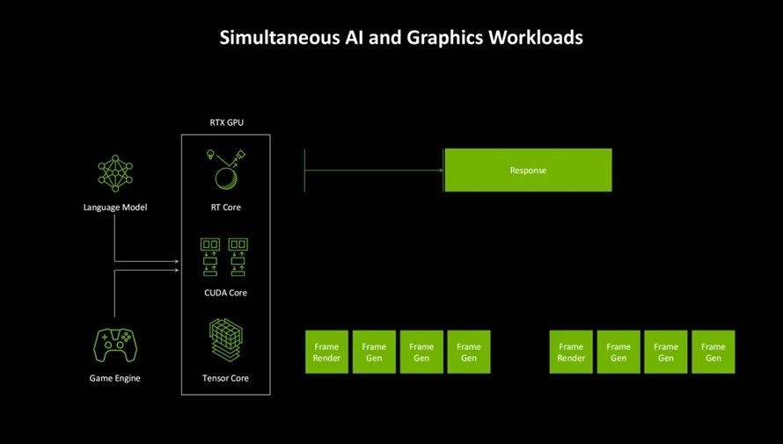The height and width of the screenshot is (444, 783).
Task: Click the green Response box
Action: pos(528,170)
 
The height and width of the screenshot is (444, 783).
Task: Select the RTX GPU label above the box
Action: pos(226,122)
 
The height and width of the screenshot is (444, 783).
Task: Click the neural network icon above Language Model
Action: pos(115,174)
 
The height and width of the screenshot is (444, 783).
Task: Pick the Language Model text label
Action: pos(115,207)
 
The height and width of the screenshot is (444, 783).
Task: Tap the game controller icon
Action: pos(115,346)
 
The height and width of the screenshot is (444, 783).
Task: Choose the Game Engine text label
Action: pos(115,378)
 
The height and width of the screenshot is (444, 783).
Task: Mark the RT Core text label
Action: pos(225,207)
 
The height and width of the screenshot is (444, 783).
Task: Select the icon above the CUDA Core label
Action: pos(225,256)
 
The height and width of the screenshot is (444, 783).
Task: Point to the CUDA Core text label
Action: pos(225,293)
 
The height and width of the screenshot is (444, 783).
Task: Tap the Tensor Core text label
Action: pos(225,378)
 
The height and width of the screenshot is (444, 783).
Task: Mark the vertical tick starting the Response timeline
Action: pos(304,170)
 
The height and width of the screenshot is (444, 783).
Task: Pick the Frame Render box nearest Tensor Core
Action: pos(326,352)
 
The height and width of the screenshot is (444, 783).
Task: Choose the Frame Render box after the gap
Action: pos(571,352)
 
